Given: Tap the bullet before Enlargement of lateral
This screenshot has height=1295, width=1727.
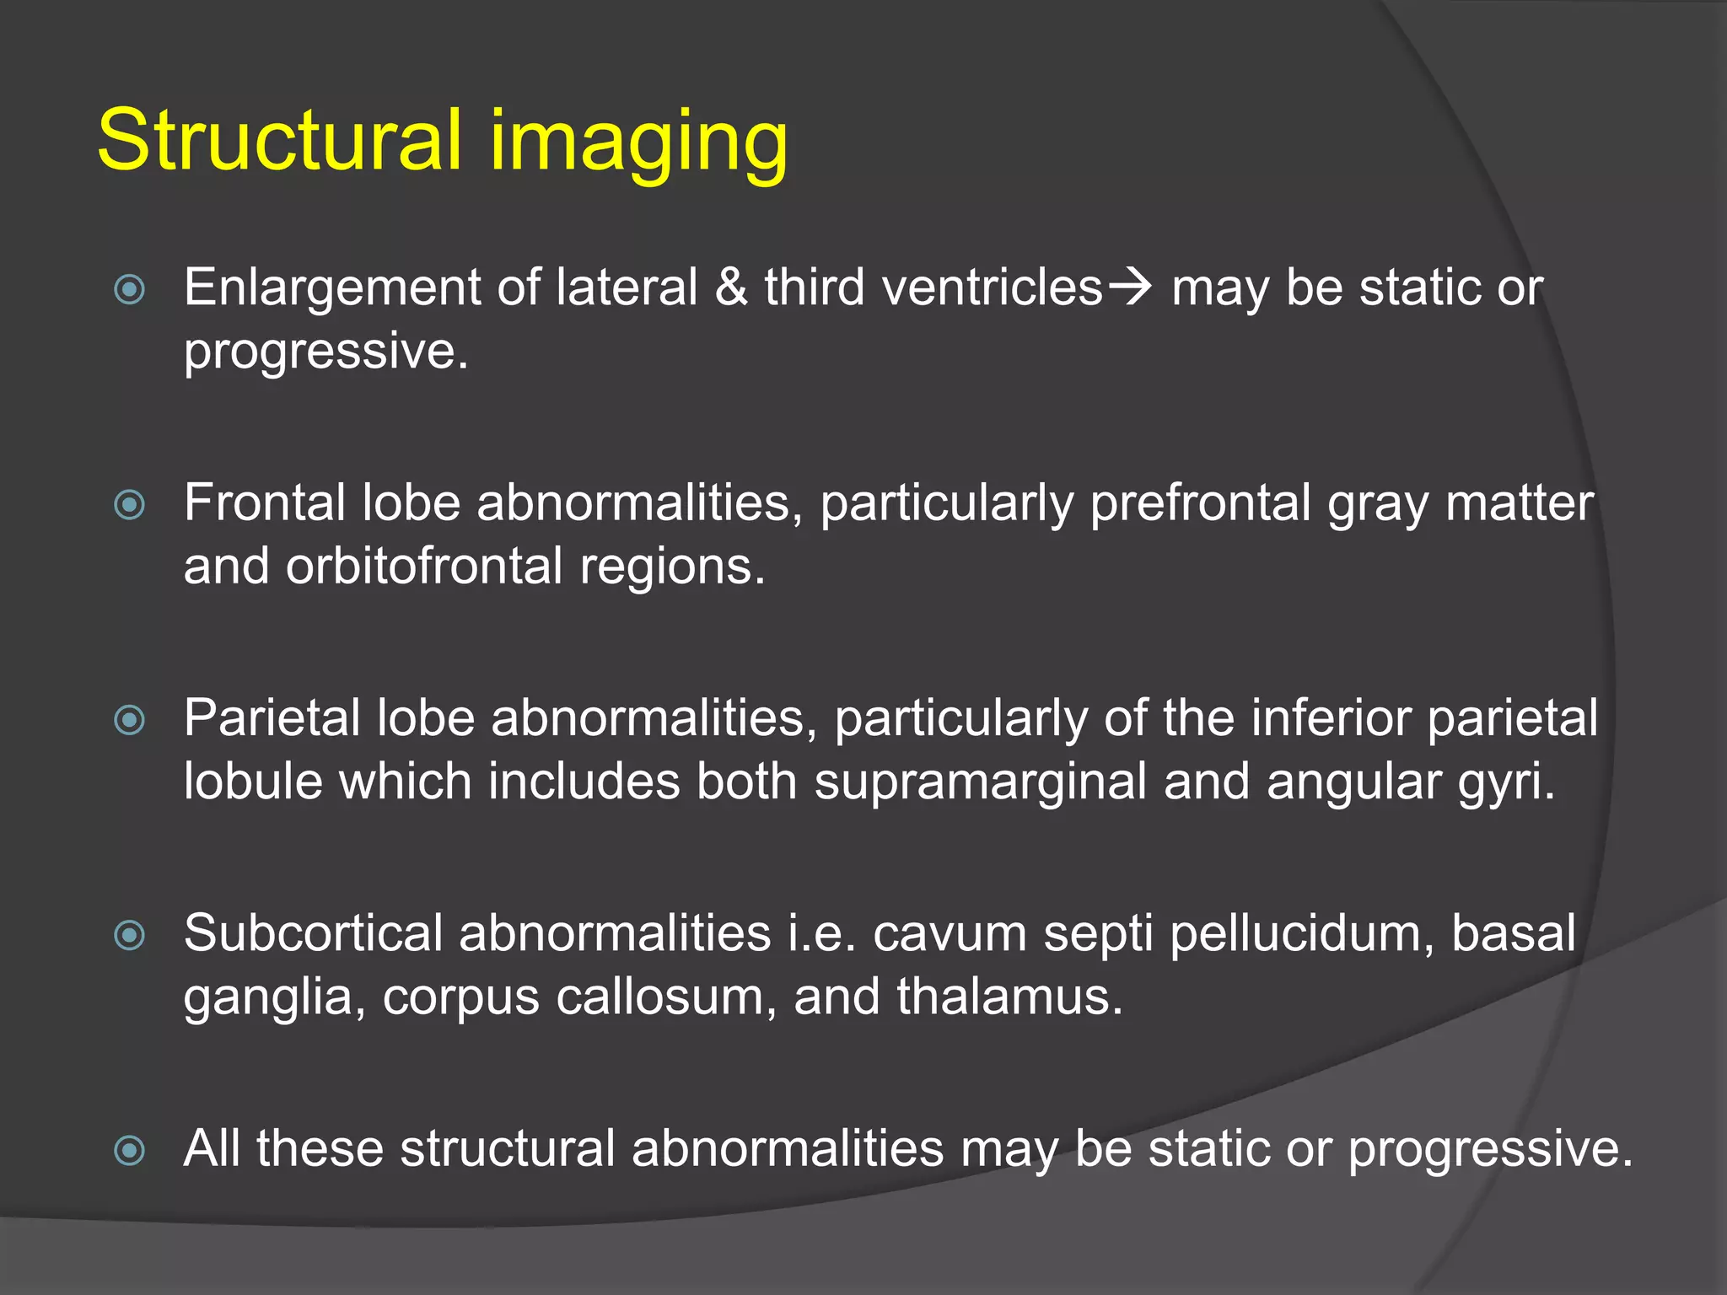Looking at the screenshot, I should (130, 290).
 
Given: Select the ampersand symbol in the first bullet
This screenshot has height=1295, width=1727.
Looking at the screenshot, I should (730, 287).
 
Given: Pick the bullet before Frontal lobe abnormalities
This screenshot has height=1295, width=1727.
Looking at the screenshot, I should (130, 505).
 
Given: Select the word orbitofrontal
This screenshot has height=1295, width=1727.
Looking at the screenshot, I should (423, 566).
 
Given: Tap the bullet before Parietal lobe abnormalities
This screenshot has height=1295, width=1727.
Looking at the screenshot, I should (130, 720).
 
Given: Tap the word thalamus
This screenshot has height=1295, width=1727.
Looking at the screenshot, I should (1009, 997).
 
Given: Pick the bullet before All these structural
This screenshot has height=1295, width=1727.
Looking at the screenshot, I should (130, 1150).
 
